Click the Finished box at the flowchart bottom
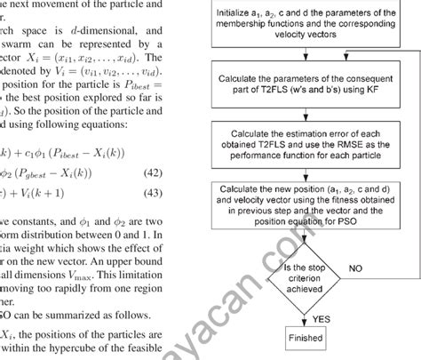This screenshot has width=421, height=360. pos(304,340)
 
